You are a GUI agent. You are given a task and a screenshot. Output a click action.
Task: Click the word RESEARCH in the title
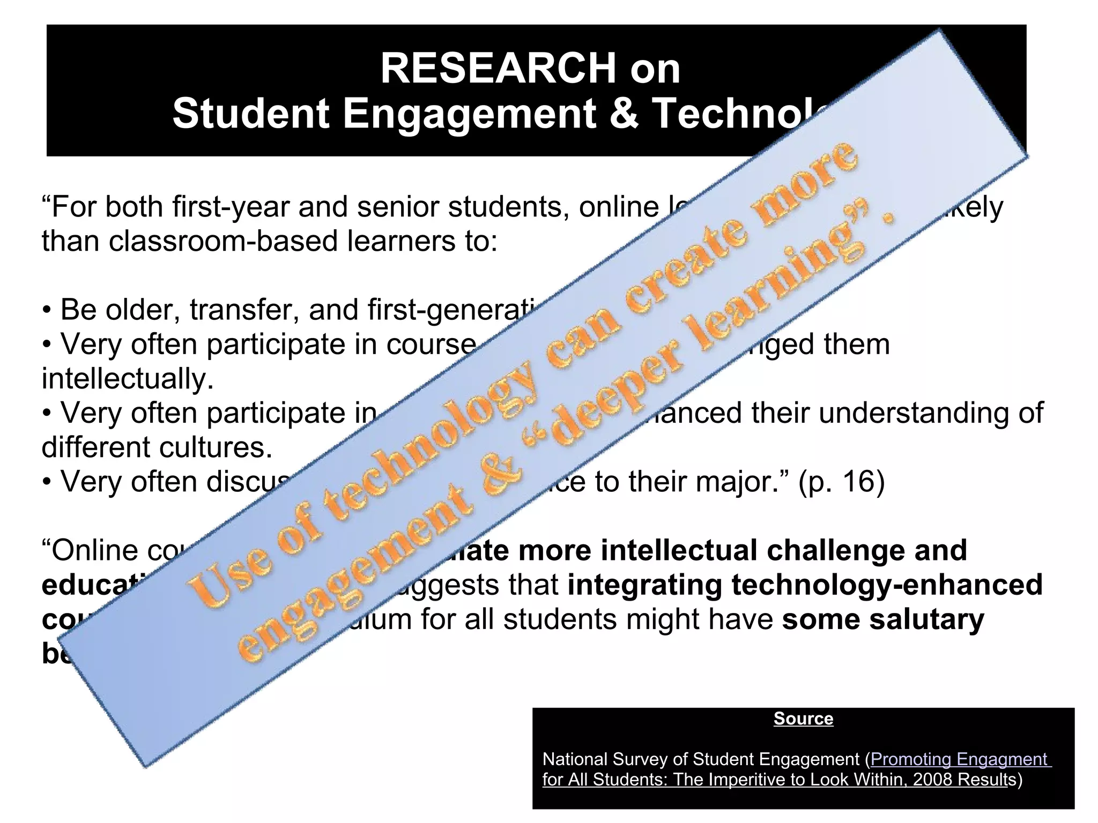point(499,69)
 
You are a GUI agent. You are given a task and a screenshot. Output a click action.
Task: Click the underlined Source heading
point(803,719)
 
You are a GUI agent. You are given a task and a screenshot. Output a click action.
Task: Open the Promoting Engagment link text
point(960,759)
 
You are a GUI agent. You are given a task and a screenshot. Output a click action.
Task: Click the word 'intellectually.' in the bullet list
point(128,379)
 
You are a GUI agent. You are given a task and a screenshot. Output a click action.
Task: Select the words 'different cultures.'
point(157,447)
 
